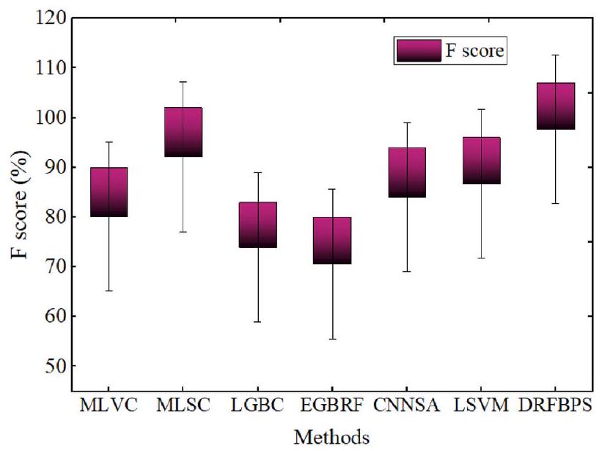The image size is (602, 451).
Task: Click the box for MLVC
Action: coord(109,192)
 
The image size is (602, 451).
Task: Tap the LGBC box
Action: coord(258,224)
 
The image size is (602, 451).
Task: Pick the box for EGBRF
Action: coord(332,241)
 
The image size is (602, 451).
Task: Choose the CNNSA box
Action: coord(407,172)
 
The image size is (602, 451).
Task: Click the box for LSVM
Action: coord(482,160)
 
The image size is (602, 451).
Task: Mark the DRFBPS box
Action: coord(556,106)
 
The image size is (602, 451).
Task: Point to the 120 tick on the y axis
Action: coord(51,18)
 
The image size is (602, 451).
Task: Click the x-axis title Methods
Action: coord(332,437)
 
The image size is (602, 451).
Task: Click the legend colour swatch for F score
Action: coord(419,51)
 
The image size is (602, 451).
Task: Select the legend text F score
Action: coord(477,51)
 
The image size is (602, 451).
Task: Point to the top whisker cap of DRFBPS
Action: coord(556,55)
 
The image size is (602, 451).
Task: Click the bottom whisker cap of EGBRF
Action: coord(332,339)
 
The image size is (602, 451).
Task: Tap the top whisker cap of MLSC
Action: coord(183,82)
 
